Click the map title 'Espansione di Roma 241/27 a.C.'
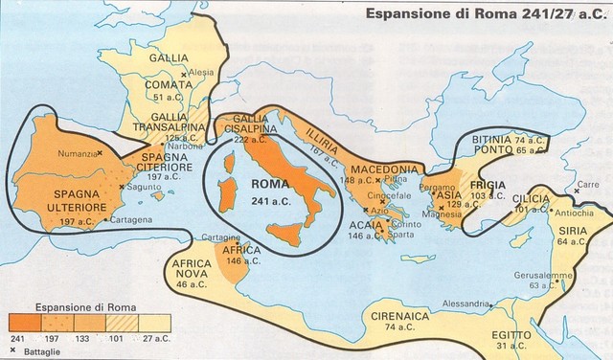[483, 15]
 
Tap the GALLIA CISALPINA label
[248, 129]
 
